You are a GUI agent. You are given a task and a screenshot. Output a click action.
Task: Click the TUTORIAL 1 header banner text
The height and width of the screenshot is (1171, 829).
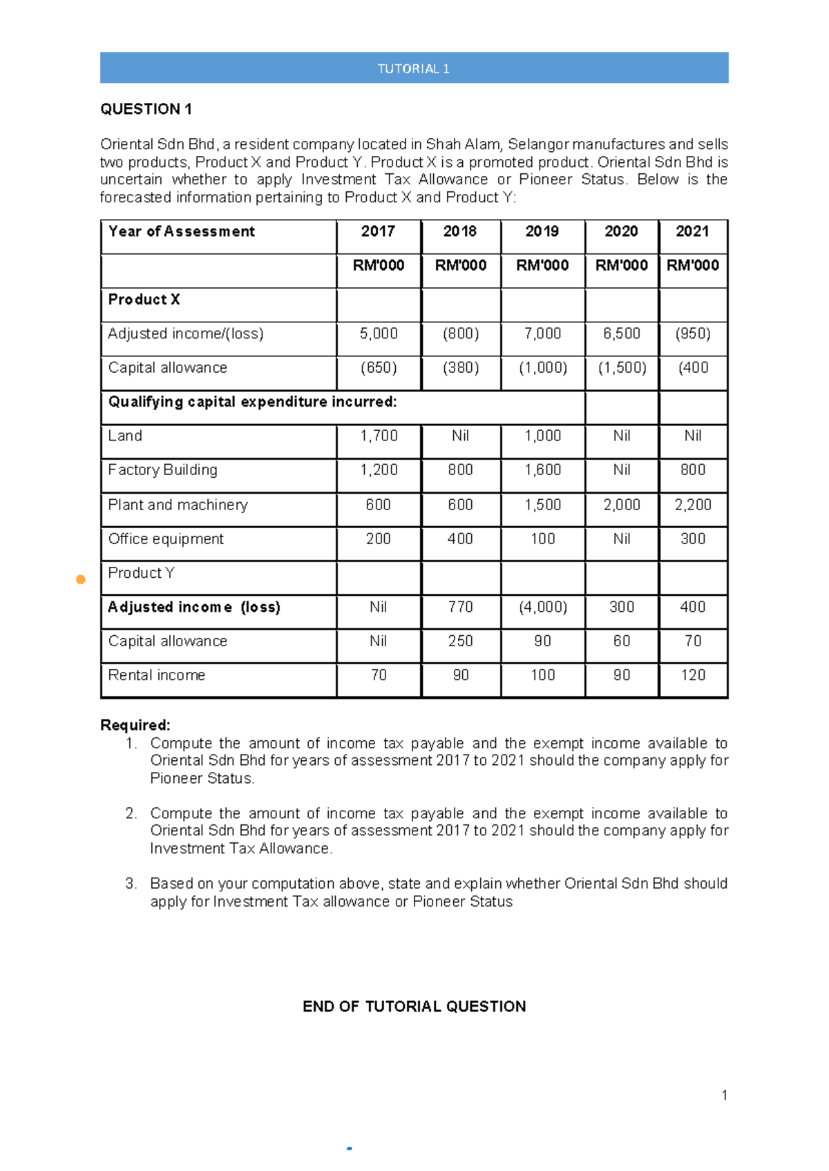413,68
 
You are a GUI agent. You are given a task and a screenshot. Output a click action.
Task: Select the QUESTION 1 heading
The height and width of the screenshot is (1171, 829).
146,109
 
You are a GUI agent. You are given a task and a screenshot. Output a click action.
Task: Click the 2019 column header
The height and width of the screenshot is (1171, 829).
542,231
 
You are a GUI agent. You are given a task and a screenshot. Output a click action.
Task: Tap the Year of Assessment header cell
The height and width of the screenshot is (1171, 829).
182,231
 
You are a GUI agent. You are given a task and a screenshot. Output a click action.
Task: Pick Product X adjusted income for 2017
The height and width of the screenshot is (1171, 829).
378,333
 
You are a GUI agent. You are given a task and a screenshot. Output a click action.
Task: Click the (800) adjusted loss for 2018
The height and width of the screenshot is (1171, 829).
460,333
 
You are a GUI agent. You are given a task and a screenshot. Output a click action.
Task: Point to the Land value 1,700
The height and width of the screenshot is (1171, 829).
378,436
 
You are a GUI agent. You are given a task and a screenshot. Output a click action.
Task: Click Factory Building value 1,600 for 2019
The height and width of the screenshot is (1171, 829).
542,470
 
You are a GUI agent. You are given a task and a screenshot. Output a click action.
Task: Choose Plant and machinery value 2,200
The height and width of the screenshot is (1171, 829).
692,505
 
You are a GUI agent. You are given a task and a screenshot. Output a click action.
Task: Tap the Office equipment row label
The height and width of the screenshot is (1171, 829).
166,539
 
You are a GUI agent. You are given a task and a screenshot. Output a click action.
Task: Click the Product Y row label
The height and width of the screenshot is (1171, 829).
141,573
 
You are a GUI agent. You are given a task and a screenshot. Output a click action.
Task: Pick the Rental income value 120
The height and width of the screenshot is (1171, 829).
692,675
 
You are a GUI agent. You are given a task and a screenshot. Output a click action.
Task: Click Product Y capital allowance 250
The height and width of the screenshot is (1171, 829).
460,641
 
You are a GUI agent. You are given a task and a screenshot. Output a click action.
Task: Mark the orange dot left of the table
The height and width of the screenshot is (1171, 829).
81,579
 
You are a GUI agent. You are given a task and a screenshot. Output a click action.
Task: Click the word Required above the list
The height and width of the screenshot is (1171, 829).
135,725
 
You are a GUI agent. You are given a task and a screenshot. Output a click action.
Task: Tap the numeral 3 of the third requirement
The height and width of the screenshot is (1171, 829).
131,884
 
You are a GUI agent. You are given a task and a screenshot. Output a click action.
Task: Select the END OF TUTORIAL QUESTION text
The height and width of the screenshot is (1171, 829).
414,1006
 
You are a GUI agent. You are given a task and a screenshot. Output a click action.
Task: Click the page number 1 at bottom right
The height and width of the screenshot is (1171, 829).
724,1095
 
